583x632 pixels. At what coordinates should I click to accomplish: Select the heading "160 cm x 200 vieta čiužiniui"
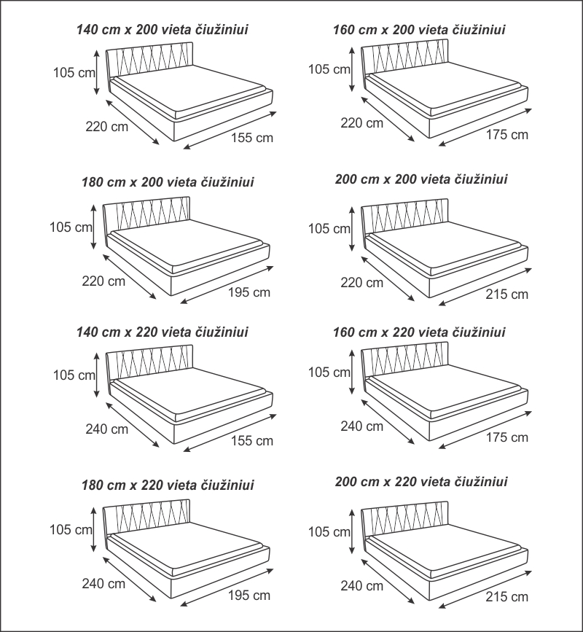(419, 30)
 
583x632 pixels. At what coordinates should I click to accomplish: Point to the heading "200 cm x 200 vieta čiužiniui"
(421, 179)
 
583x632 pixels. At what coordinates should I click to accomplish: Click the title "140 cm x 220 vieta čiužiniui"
(163, 332)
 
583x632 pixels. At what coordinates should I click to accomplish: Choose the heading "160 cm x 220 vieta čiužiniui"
(419, 332)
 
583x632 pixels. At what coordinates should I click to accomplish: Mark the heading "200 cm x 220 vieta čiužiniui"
(421, 482)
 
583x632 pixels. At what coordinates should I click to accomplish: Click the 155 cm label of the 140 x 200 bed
(252, 138)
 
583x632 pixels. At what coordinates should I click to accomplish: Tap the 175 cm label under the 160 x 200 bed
(508, 135)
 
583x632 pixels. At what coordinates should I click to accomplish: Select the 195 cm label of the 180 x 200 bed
(249, 292)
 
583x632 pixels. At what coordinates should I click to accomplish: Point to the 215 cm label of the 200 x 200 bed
(507, 294)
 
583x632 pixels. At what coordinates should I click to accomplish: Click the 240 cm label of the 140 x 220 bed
(106, 429)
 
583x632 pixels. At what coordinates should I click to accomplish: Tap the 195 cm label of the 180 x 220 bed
(249, 596)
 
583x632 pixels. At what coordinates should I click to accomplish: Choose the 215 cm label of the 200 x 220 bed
(507, 597)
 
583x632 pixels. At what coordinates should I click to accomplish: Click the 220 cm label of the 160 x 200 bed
(362, 123)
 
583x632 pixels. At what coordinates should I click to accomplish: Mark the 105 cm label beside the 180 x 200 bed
(71, 227)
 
